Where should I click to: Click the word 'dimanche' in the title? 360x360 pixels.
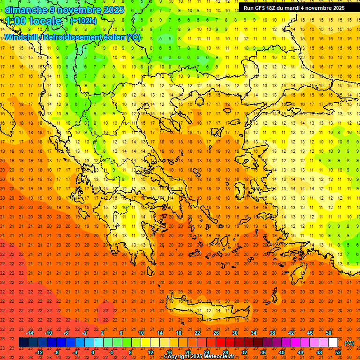coord(26,10)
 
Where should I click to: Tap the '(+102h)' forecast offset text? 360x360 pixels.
coord(83,21)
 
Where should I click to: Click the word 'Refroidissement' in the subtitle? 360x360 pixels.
coord(77,37)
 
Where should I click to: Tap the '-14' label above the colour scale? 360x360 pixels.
coord(30,332)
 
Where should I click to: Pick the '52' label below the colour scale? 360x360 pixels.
coord(338,352)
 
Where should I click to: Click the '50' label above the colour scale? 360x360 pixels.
coord(328,332)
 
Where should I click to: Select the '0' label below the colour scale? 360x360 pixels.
coord(93,352)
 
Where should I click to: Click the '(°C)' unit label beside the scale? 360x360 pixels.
coord(349,343)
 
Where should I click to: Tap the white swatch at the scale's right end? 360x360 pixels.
coord(333,343)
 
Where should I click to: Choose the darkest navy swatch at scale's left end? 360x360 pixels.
coord(24,343)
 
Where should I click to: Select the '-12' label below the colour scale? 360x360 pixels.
coord(39,352)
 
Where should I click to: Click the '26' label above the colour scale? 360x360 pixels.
coord(216,332)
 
